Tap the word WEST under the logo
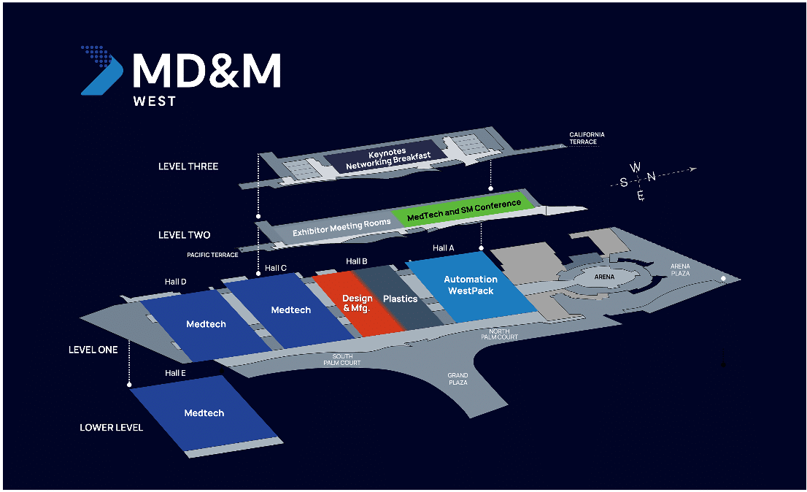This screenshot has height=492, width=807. (155, 101)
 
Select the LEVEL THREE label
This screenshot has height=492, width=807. (188, 166)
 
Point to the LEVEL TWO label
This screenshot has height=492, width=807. (184, 235)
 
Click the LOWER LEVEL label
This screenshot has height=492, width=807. (112, 427)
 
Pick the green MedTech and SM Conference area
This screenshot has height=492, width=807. (464, 210)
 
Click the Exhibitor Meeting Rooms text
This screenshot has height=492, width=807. (341, 227)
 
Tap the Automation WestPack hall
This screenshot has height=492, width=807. (471, 285)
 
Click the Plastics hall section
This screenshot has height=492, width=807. (400, 299)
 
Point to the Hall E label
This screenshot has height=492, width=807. (176, 373)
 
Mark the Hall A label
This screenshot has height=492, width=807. (444, 248)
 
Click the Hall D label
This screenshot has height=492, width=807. (176, 282)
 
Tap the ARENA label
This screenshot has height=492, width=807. (604, 277)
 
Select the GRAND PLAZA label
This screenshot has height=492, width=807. (458, 379)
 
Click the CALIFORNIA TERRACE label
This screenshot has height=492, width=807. (587, 138)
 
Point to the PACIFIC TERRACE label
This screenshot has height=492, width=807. (212, 255)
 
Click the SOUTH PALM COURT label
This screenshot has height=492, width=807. (342, 359)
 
